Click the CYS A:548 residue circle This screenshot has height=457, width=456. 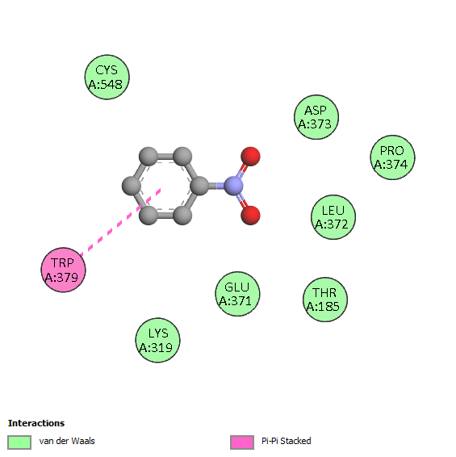tap(107, 78)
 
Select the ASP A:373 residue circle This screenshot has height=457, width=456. tap(316, 117)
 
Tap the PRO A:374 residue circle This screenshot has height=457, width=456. tap(392, 157)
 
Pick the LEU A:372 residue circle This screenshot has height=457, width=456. tap(333, 217)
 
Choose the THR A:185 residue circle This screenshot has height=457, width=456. tap(325, 300)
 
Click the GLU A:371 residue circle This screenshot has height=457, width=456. tap(237, 294)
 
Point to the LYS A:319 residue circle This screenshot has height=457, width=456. tap(157, 340)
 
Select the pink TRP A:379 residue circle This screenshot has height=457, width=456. tap(63, 270)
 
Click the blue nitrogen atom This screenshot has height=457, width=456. tap(233, 186)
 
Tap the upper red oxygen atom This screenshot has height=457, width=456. tap(250, 157)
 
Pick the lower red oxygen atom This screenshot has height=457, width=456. tap(250, 216)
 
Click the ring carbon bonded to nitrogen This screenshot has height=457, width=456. tap(199, 186)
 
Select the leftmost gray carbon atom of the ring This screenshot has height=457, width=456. tap(132, 186)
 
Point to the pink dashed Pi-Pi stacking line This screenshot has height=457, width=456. tap(120, 223)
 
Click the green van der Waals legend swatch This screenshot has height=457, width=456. tap(19, 442)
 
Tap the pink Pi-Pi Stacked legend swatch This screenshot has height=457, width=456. tap(242, 442)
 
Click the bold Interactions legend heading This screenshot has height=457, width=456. tap(36, 423)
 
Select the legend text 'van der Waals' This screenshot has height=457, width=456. tap(67, 441)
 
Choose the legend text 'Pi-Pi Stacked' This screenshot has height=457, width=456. tap(287, 441)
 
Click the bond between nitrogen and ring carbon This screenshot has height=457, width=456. tap(216, 186)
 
